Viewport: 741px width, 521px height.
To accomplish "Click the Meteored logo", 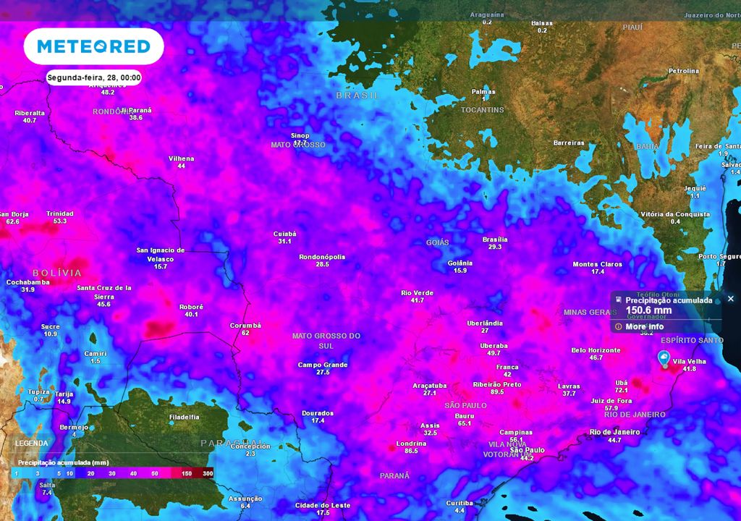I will pos(93,47).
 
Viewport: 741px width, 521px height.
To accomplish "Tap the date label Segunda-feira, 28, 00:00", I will pos(93,77).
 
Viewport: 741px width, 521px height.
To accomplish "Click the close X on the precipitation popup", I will pos(730,299).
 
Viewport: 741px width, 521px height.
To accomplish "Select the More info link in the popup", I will pos(645,326).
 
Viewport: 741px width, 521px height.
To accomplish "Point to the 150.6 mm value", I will pos(648,310).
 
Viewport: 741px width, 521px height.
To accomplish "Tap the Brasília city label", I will pos(495,240).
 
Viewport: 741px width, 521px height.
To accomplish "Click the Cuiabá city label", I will pos(284,234).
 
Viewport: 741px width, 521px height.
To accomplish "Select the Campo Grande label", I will pos(323,365).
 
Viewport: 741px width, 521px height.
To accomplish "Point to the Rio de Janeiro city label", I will pos(615,432).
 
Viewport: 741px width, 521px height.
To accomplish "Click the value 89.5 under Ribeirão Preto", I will pos(496,391).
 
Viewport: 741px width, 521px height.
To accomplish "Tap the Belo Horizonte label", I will pos(596,350).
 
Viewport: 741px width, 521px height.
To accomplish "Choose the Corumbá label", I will pos(245,326).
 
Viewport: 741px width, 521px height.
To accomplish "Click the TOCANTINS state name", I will pos(482,110).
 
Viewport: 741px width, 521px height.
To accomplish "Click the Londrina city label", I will pos(411,443).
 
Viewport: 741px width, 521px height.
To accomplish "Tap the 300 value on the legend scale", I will pos(208,473).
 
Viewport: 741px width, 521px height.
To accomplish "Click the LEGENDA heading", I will pos(32,443).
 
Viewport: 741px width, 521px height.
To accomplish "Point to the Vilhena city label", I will pos(181,158).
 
